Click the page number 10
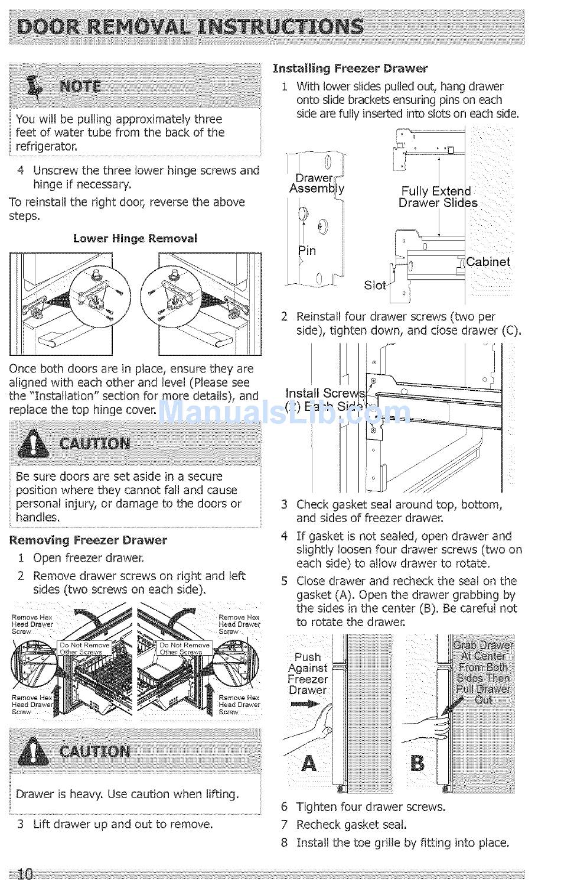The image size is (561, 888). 25,874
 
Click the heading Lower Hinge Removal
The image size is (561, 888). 135,239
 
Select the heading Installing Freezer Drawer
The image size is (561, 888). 350,69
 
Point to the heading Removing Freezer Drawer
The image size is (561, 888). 88,540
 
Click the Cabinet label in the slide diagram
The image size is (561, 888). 488,262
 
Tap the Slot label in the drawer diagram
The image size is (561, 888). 375,286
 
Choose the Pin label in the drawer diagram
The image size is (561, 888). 307,251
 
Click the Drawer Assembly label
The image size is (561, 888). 317,183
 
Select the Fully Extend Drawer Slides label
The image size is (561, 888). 437,197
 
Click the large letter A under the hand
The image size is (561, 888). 309,763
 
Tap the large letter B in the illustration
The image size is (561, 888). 417,763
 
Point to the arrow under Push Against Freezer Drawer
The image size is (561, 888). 305,704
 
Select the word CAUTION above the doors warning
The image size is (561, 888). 95,444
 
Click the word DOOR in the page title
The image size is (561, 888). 50,27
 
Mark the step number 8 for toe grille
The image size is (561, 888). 284,843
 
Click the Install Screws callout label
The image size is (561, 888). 325,394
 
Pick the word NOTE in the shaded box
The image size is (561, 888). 80,86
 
